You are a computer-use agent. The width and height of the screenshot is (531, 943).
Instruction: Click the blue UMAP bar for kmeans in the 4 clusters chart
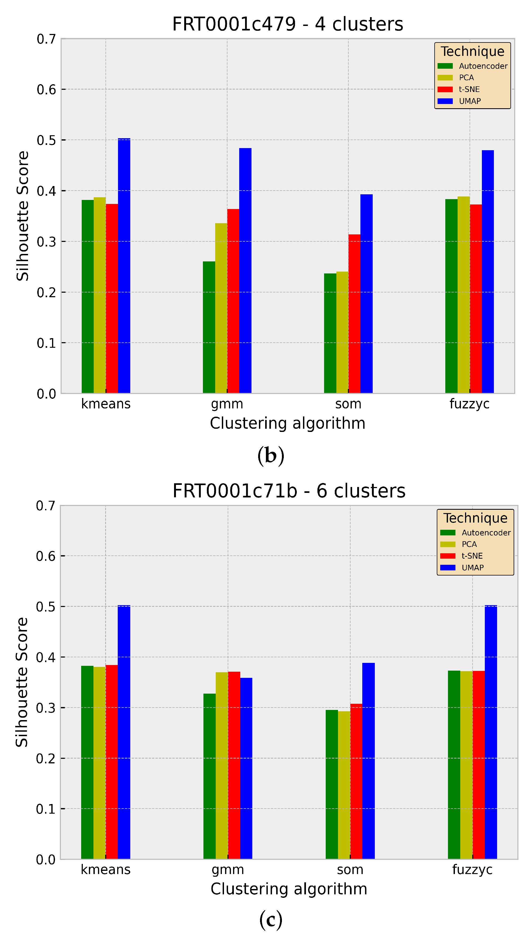(124, 265)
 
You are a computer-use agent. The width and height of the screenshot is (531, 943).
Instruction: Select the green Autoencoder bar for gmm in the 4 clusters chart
(209, 327)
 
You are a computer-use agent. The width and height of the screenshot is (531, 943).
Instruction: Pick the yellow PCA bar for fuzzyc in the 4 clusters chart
(463, 295)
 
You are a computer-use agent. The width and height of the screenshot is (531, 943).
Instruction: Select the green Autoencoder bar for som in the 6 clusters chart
(332, 784)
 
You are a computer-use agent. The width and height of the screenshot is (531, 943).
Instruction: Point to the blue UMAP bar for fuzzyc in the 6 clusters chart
(491, 732)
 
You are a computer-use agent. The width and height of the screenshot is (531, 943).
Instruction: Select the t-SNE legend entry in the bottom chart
(472, 556)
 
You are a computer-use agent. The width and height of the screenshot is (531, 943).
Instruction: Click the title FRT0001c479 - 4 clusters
(288, 24)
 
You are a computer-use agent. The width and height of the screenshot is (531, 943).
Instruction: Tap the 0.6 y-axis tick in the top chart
(46, 89)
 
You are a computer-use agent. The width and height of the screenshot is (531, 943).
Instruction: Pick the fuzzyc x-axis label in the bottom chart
(472, 869)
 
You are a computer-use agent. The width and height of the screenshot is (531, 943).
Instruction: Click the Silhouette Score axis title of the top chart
(23, 216)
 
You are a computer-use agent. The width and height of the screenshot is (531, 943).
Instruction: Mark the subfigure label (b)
(271, 456)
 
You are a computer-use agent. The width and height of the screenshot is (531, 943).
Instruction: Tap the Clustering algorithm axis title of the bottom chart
(289, 889)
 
